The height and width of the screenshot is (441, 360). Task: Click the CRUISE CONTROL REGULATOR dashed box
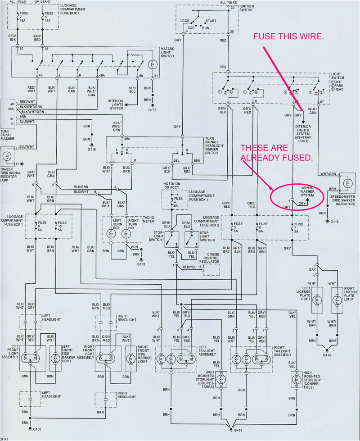[211, 269]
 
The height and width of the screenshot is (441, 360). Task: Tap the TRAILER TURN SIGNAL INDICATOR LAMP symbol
[7, 156]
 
